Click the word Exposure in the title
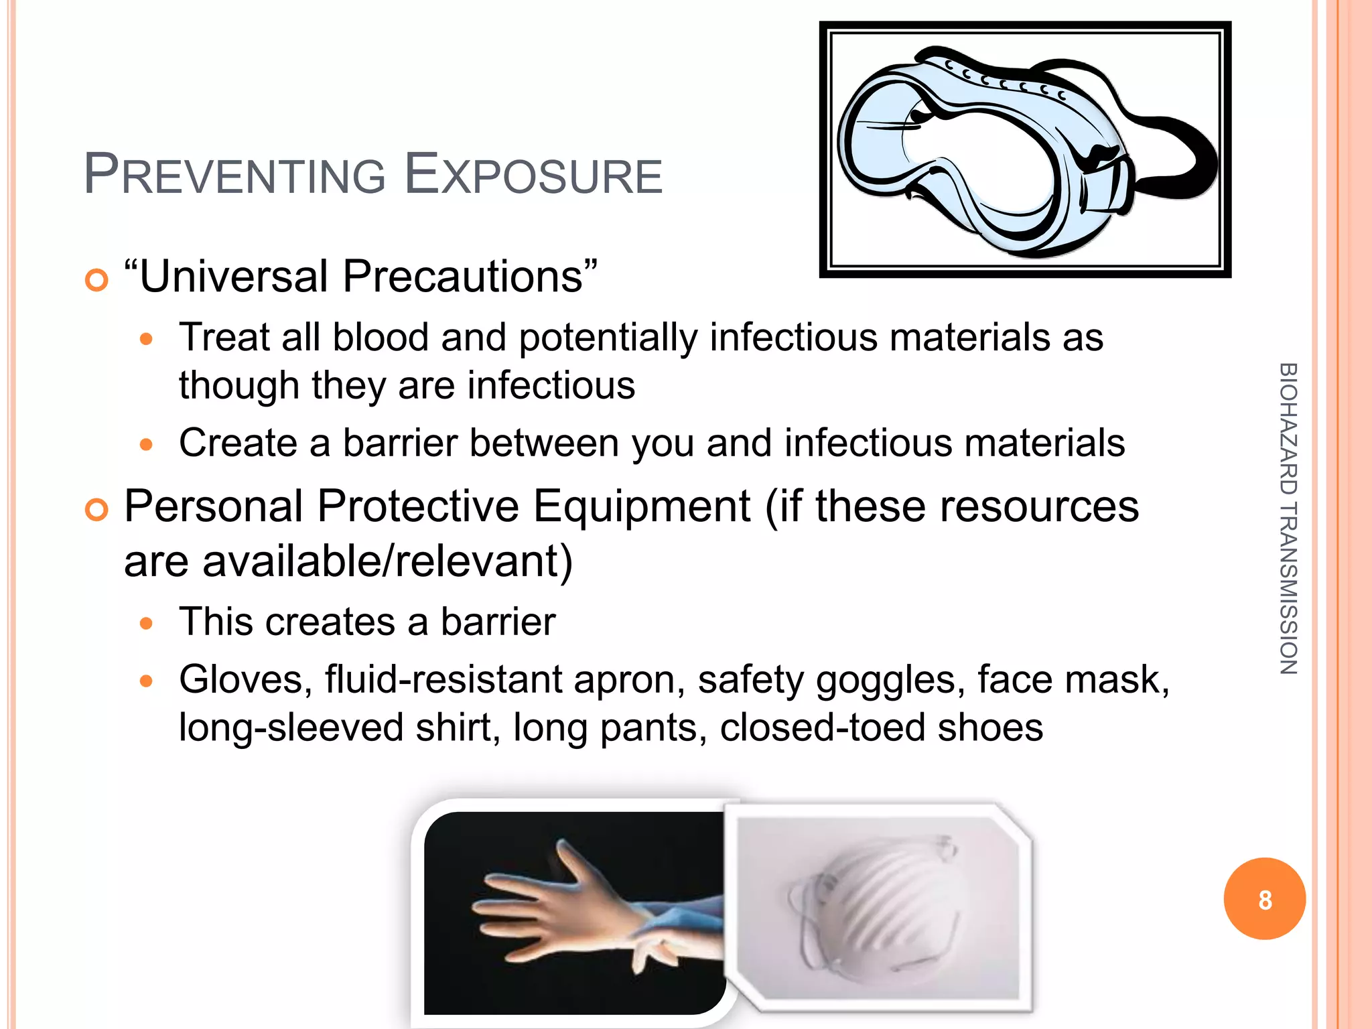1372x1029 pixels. [x=534, y=176]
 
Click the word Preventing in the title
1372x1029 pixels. [x=234, y=176]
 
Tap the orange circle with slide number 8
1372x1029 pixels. [x=1264, y=899]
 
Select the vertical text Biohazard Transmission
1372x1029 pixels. [x=1288, y=518]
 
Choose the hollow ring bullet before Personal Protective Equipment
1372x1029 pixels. [x=97, y=510]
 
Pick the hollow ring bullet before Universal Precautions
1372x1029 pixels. [x=97, y=280]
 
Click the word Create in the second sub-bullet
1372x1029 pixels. [x=238, y=443]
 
